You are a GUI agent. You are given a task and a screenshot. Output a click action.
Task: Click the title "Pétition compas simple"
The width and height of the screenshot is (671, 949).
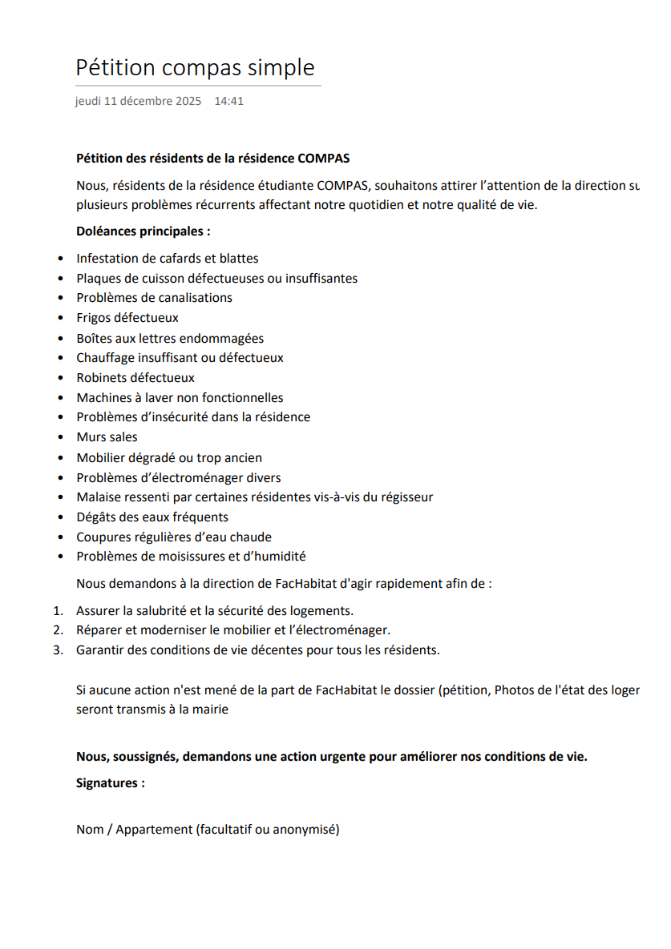coord(195,67)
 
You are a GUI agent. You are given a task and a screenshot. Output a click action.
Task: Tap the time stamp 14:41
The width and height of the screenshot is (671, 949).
coord(228,102)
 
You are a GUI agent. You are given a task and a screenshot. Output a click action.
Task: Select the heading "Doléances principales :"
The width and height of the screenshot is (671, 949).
coord(143,231)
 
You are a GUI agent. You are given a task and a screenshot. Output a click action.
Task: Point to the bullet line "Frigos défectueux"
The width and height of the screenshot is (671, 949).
coord(127,318)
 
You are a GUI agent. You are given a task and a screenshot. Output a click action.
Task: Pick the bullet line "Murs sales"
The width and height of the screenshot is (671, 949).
coord(107,437)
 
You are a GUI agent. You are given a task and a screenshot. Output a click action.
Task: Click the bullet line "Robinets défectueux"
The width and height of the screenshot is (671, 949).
coord(135,378)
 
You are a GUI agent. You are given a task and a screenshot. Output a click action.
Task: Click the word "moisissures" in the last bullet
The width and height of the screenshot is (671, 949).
coord(220,557)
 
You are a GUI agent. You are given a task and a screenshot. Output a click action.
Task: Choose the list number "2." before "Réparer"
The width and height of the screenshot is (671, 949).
coord(58,630)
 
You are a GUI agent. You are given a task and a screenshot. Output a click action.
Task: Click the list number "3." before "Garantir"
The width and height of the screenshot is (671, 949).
coord(58,650)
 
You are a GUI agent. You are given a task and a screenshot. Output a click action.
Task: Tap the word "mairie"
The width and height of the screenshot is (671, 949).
coord(210,710)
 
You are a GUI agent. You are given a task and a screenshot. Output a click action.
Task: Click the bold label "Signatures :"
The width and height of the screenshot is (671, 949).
coord(111,783)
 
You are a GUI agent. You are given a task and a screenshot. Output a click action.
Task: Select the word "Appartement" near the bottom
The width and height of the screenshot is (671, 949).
coord(154,830)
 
